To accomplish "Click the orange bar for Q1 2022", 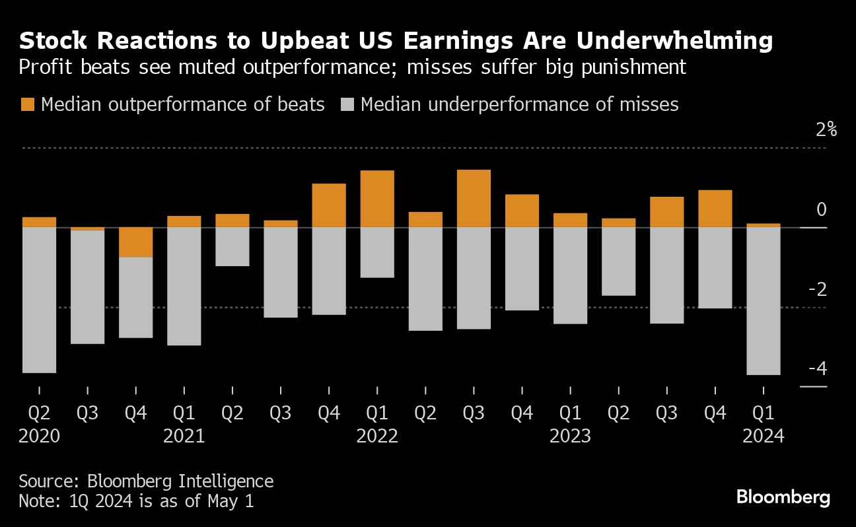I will point(377,199).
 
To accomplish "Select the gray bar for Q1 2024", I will point(764,300).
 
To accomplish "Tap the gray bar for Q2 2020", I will point(39,300).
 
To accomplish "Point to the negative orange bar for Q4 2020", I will point(135,242).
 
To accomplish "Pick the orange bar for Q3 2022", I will point(474,198).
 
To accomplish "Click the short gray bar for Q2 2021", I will point(232,246).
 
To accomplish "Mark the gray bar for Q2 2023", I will point(619,261).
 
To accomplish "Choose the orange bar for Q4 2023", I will point(715,209).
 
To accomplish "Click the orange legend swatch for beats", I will point(28,104).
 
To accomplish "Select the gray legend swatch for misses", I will point(347,104).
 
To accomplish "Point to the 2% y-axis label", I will point(826,129).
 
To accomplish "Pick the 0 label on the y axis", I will point(821,209).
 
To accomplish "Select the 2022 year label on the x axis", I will point(377,437).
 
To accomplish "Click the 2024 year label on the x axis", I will point(764,437).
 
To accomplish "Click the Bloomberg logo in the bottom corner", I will point(783,497).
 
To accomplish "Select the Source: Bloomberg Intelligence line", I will point(146,481).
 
